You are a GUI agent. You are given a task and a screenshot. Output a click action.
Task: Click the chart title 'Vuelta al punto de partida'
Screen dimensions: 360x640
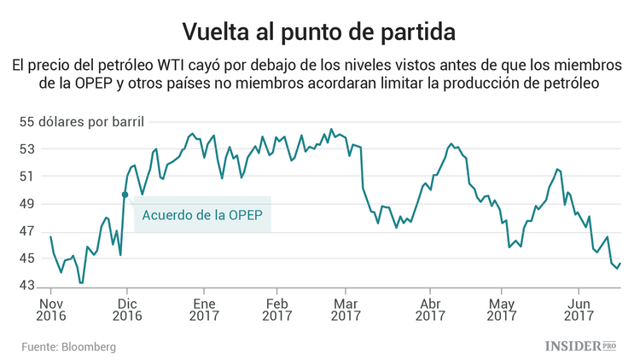[x=319, y=31]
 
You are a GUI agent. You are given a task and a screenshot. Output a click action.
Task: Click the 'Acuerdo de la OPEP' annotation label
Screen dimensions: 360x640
[x=202, y=215]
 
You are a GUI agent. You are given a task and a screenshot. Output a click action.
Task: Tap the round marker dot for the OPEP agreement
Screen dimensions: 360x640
[x=125, y=195]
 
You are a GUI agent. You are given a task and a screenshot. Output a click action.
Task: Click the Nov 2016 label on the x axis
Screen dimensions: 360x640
[x=51, y=309]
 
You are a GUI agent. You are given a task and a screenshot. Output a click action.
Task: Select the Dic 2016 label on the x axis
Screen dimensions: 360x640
[x=126, y=309]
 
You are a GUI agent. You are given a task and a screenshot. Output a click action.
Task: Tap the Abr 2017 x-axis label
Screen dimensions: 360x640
[x=431, y=309]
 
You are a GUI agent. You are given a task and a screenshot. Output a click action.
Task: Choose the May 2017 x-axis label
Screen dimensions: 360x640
[x=503, y=309]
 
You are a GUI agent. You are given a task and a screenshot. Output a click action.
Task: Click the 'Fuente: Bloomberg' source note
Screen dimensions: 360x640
[x=69, y=347]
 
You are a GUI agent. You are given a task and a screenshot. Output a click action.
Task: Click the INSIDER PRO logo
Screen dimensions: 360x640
[x=580, y=345]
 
